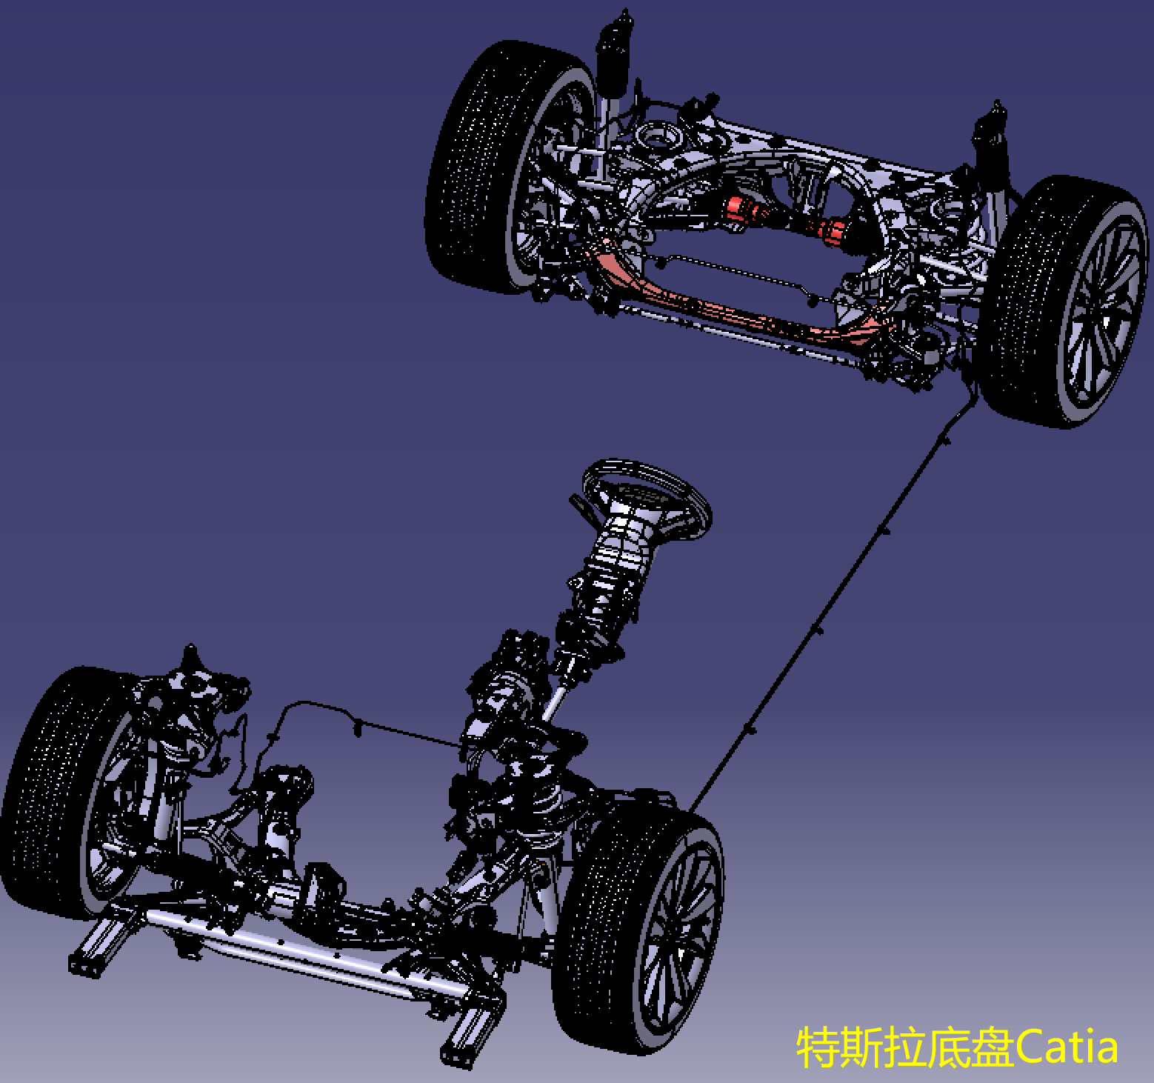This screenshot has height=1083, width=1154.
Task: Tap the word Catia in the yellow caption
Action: [x=1066, y=1047]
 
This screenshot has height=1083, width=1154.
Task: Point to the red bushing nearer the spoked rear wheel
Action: [x=836, y=230]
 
